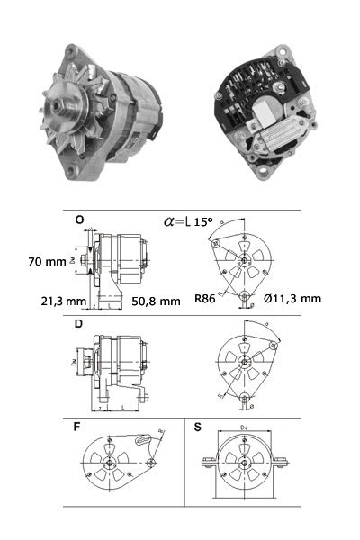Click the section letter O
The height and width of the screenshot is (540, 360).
(x=80, y=220)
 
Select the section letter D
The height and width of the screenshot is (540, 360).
(x=80, y=322)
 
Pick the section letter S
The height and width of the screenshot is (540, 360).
(x=197, y=425)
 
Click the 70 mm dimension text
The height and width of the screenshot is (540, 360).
(x=48, y=263)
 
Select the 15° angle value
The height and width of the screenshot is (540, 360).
(x=203, y=220)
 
